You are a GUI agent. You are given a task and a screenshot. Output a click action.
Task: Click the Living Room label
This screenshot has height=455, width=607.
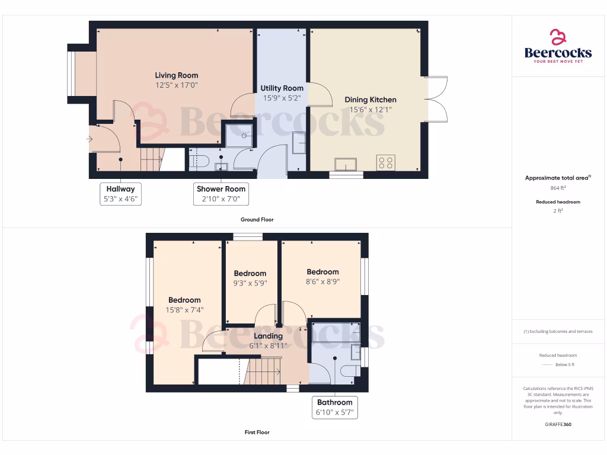176,75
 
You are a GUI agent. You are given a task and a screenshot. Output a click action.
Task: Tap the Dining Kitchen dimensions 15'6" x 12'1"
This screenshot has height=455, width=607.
370,110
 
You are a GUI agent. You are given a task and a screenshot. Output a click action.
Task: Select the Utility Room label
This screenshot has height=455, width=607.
282,88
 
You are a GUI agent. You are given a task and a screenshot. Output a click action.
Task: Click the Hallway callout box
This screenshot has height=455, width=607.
120,194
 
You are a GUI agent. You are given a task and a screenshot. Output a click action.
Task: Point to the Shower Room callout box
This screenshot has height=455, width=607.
221,194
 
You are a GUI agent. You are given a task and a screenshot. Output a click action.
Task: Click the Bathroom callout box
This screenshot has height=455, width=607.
335,408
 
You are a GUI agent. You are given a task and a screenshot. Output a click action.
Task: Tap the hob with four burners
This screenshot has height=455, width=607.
386,162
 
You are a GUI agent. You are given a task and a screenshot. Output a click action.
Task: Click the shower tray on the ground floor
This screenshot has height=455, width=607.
238,135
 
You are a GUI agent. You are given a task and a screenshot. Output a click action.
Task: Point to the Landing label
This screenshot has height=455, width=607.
268,336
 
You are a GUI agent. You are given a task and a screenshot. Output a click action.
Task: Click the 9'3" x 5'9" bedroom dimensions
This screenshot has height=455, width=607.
250,283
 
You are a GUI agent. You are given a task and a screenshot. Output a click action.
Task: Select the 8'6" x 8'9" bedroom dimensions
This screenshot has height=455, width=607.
322,282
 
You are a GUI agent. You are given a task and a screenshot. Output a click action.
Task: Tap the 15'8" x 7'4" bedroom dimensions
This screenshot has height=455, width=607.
184,310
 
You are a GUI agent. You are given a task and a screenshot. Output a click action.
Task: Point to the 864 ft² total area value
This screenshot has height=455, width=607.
558,188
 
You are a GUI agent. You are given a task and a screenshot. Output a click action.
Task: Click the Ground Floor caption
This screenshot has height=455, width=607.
257,220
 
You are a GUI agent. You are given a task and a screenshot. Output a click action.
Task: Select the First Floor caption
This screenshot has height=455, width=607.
257,432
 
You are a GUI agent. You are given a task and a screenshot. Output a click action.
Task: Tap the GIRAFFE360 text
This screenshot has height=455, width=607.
558,424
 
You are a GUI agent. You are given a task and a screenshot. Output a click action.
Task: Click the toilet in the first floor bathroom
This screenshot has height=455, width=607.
349,371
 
